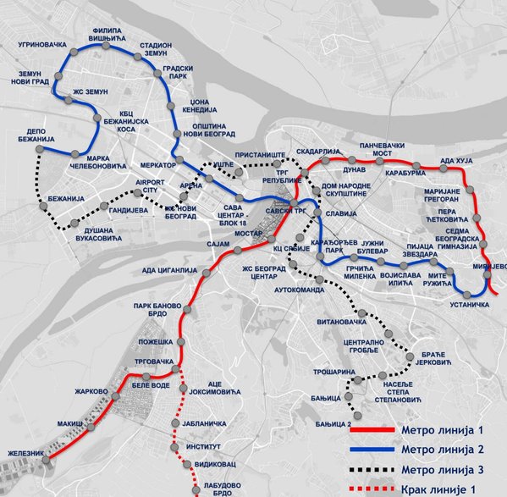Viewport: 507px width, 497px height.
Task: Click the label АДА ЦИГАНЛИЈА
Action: pos(163,271)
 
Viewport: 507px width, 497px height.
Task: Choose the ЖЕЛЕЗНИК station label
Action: pos(25,454)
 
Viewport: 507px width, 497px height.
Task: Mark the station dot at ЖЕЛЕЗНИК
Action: pos(48,462)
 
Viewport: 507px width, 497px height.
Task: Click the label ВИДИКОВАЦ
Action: pos(213,466)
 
